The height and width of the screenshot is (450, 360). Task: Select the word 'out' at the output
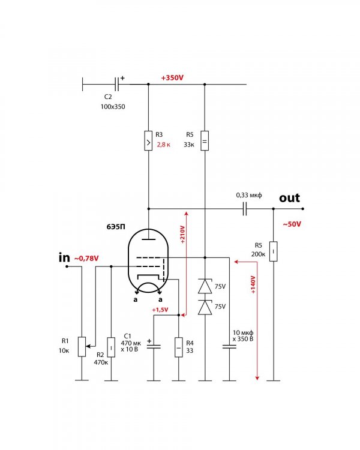(x=289, y=198)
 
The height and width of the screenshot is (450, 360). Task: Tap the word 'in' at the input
(x=64, y=257)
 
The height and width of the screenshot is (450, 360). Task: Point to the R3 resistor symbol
(x=147, y=142)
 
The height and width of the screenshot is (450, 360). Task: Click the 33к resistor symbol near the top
(x=205, y=142)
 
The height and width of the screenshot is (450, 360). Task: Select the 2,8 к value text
(x=164, y=145)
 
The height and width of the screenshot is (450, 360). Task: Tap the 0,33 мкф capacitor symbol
(x=244, y=209)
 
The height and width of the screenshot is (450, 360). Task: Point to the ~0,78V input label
(x=86, y=258)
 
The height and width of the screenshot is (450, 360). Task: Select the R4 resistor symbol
(x=178, y=347)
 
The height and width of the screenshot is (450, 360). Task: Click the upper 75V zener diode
(x=205, y=286)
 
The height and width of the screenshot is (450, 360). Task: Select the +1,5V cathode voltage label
(x=160, y=310)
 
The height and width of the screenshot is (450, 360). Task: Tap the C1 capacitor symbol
(x=154, y=346)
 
